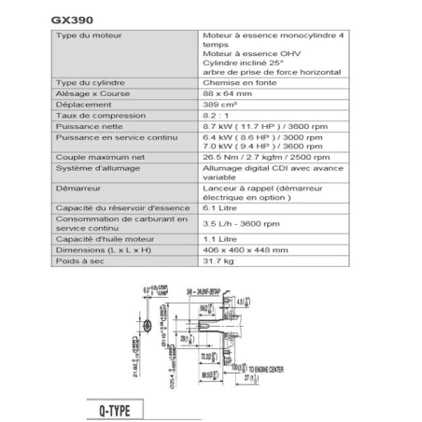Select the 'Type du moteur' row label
tap(89, 34)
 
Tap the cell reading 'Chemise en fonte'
tap(232, 82)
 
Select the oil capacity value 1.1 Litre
tap(220, 241)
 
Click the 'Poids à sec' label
tap(80, 261)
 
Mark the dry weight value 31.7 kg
tap(219, 261)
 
